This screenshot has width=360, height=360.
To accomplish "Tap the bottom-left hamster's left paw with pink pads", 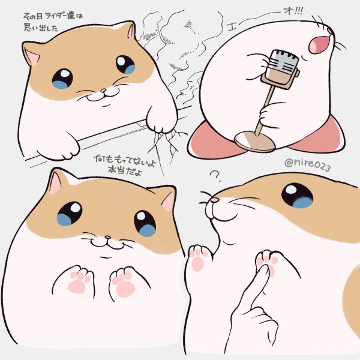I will [76, 280].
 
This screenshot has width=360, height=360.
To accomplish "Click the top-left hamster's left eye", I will [62, 78].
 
